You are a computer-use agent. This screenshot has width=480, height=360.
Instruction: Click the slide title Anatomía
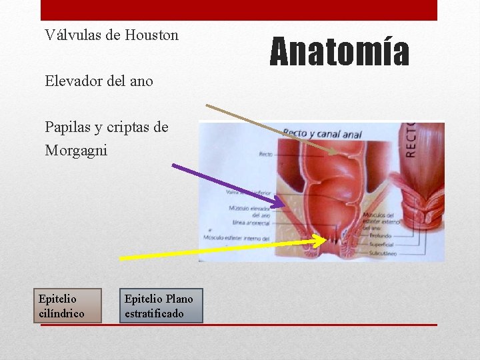(339, 53)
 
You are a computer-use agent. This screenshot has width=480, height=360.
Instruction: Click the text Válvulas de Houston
(111, 35)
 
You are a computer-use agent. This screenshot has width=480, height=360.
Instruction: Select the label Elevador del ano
(99, 81)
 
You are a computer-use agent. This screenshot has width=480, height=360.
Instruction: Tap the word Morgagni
(76, 151)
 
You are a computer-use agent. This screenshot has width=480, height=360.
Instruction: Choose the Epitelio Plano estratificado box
(161, 305)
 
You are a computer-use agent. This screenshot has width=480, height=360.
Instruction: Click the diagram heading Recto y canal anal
(322, 134)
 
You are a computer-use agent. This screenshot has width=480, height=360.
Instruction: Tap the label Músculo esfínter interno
(237, 238)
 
